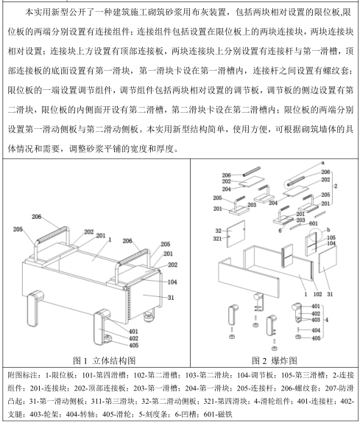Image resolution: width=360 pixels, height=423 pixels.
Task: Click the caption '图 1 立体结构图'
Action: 105,360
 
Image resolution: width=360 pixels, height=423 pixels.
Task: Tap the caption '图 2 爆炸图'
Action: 275,360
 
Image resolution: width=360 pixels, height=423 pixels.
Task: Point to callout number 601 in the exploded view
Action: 314,223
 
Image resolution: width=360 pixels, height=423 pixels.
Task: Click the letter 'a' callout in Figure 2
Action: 322,163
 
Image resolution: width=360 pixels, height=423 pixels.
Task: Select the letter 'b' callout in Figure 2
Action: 328,230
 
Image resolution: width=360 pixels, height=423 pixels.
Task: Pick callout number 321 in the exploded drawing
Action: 217,239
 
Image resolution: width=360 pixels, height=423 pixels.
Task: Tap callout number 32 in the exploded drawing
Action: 218,231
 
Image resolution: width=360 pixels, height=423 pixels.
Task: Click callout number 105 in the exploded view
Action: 331,238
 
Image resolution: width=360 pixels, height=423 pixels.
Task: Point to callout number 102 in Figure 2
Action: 318,294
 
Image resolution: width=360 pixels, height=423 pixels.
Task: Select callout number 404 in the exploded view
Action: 316,330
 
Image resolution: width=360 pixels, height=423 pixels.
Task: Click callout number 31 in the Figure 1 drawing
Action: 171,298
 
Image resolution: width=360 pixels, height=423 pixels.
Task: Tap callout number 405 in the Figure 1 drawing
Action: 134,346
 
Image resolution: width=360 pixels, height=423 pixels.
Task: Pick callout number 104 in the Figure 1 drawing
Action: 172,282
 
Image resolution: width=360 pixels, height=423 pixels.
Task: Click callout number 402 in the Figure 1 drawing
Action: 134,338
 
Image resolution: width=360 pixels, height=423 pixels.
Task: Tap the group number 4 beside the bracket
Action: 327,320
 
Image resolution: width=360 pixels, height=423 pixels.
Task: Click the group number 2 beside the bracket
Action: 336,186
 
